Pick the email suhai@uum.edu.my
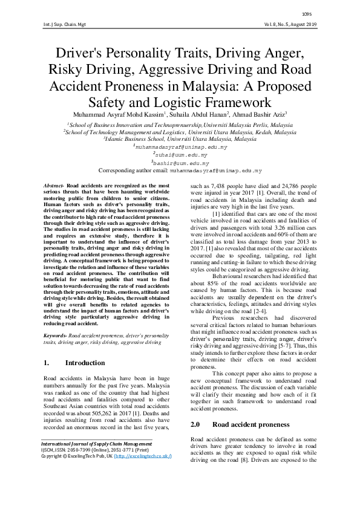pyautogui.click(x=182, y=155)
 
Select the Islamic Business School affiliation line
pyautogui.click(x=180, y=138)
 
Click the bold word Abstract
pyautogui.click(x=54, y=182)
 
